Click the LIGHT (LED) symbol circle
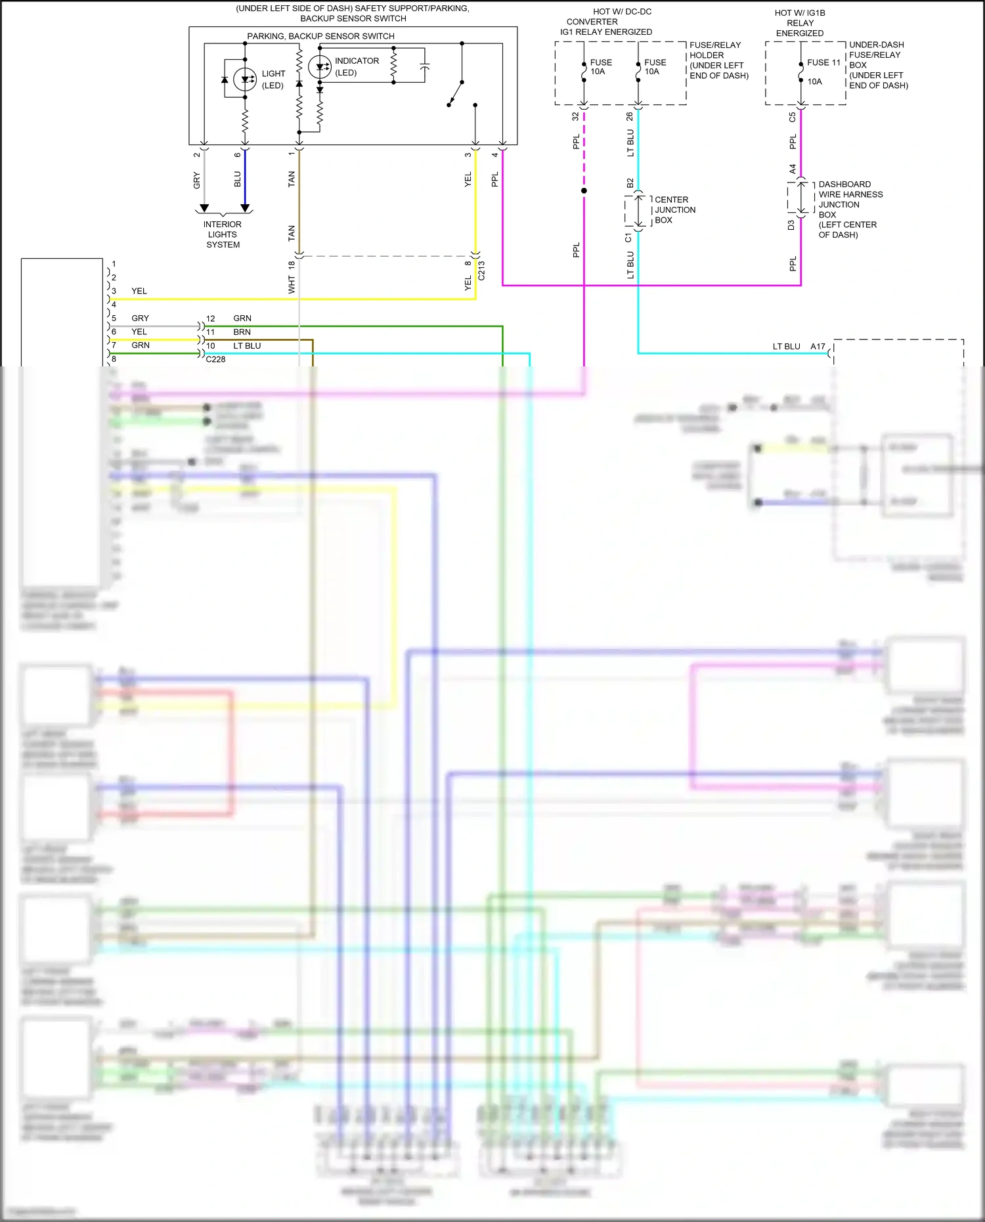[245, 79]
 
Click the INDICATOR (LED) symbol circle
[320, 66]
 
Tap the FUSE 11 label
[823, 62]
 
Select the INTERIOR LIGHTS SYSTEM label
[223, 234]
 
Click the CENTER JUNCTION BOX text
[674, 210]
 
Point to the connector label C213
[481, 271]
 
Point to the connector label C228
[215, 359]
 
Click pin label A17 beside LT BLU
[818, 346]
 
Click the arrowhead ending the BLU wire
[245, 208]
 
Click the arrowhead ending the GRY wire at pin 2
[204, 208]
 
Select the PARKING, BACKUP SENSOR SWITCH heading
[320, 36]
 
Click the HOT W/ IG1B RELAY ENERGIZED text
[800, 23]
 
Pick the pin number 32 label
[576, 116]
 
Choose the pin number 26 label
[630, 116]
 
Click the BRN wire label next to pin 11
[242, 332]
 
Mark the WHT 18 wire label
[292, 277]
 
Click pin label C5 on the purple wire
[793, 118]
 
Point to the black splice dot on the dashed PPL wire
[584, 191]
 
